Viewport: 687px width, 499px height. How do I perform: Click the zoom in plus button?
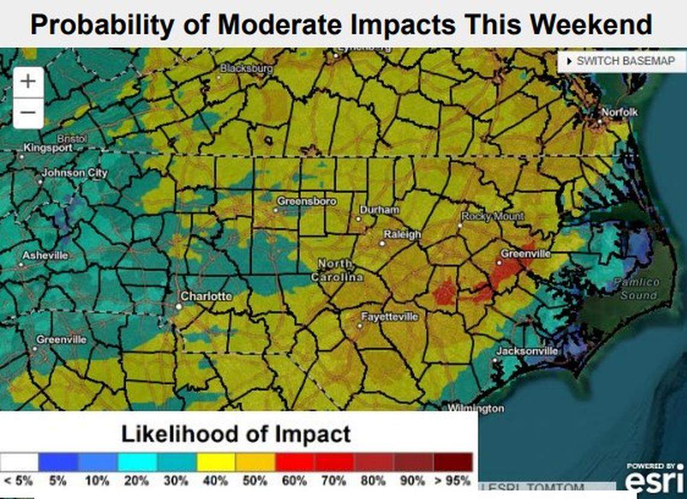click(x=28, y=81)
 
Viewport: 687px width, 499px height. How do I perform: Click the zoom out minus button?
click(x=28, y=113)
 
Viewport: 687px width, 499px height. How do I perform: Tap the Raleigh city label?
click(x=402, y=235)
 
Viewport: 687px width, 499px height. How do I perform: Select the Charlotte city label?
click(x=206, y=297)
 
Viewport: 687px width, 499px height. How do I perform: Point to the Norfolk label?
click(x=619, y=113)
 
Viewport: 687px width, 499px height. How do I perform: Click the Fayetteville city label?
click(x=389, y=317)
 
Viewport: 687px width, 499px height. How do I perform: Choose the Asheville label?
click(x=45, y=256)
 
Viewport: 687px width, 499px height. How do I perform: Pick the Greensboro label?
click(x=306, y=201)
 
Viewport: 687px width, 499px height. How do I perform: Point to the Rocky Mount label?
click(x=492, y=216)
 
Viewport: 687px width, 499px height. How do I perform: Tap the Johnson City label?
click(x=74, y=173)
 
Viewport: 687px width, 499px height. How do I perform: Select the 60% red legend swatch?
click(x=295, y=462)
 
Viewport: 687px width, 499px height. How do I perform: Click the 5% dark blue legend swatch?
click(x=58, y=462)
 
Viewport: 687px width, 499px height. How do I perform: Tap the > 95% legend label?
click(x=451, y=481)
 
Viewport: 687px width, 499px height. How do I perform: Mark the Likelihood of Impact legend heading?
click(x=236, y=433)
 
